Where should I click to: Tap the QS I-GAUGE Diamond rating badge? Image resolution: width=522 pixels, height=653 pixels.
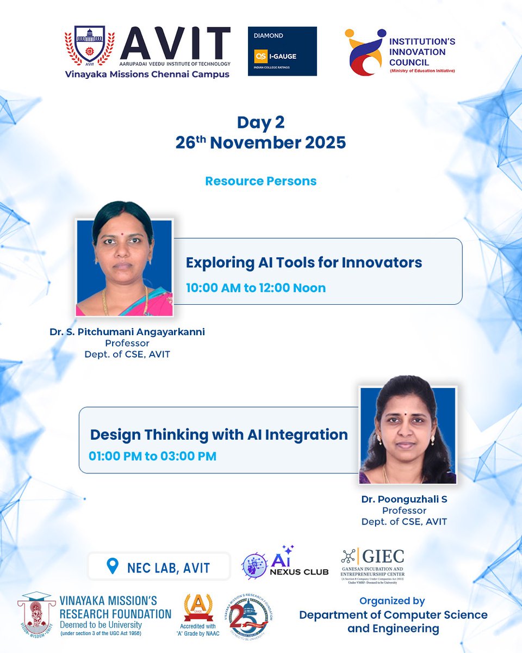[282, 51]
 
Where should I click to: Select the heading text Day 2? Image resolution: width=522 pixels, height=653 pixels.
[260, 122]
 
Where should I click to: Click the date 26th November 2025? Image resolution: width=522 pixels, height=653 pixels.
[260, 143]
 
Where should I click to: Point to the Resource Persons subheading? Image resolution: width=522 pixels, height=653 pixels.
[260, 181]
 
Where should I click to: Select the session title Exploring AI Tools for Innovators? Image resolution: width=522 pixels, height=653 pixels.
[304, 262]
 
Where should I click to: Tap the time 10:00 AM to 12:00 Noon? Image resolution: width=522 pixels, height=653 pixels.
[256, 288]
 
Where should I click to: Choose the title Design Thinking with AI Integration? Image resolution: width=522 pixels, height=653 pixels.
[219, 434]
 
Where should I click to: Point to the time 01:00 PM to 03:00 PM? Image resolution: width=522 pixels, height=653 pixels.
[152, 456]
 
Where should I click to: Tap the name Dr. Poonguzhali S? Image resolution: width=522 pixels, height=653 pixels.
[404, 499]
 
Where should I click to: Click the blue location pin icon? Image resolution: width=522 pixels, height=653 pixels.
[113, 567]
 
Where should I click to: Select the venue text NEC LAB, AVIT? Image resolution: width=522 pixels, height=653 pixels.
[168, 568]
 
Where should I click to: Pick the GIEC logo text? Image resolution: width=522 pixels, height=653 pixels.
[381, 556]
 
